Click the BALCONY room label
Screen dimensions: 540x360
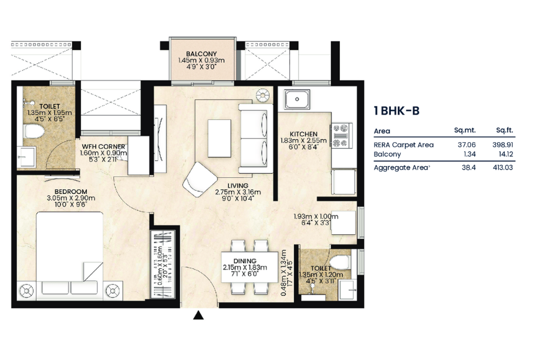pyautogui.click(x=201, y=54)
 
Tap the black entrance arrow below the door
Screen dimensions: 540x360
pyautogui.click(x=198, y=315)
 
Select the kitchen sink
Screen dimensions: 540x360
pyautogui.click(x=297, y=100)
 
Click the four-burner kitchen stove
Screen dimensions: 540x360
pyautogui.click(x=341, y=136)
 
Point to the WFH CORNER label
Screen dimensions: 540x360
pyautogui.click(x=103, y=147)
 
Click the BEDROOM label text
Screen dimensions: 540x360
pyautogui.click(x=71, y=191)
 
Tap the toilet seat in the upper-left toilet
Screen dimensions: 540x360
pyautogui.click(x=34, y=131)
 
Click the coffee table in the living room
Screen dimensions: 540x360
pyautogui.click(x=220, y=138)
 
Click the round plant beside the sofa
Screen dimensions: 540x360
pyautogui.click(x=262, y=95)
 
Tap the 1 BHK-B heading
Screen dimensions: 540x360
pyautogui.click(x=396, y=111)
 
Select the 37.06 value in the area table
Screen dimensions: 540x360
pyautogui.click(x=466, y=145)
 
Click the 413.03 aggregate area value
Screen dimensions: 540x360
pyautogui.click(x=502, y=168)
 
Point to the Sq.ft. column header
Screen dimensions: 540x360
pyautogui.click(x=505, y=130)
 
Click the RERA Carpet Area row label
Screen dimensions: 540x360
pyautogui.click(x=404, y=145)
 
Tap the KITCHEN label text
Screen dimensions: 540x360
pyautogui.click(x=303, y=134)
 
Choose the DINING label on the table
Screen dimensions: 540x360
pyautogui.click(x=245, y=261)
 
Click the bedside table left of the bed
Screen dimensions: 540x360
pyautogui.click(x=27, y=291)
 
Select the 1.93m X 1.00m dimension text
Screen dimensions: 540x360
pyautogui.click(x=316, y=217)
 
